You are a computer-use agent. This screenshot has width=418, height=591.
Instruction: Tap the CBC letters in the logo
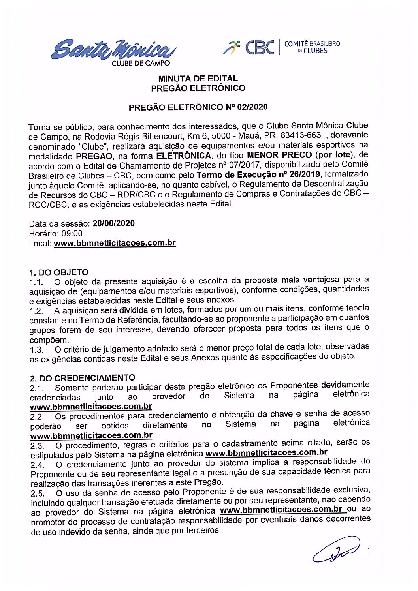(259, 48)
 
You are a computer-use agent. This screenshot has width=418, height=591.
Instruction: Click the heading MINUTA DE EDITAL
(198, 79)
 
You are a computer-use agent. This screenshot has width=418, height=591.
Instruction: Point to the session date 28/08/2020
(113, 223)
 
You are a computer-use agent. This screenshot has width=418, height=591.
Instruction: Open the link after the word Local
(115, 243)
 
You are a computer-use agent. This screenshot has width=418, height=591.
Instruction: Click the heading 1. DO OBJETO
(58, 272)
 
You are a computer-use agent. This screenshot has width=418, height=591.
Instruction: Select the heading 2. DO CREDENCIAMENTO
(82, 378)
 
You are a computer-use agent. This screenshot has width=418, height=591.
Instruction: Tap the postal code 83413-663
(300, 136)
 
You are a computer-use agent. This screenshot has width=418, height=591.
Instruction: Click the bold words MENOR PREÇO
(279, 155)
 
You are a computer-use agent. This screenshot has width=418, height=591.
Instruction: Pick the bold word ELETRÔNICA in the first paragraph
(183, 156)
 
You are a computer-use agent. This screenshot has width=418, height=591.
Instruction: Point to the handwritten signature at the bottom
(336, 549)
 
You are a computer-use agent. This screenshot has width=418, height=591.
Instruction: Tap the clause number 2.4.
(38, 465)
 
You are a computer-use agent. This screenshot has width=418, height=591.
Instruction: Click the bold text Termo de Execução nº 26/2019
(258, 174)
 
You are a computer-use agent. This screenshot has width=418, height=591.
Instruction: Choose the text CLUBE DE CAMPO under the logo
(141, 63)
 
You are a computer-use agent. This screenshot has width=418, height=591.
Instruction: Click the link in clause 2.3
(266, 453)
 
